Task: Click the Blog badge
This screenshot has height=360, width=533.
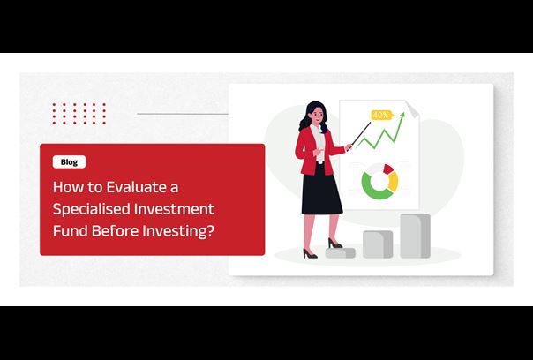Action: point(69,162)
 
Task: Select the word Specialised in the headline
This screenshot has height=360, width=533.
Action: point(90,209)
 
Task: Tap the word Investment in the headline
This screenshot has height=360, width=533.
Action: point(174,209)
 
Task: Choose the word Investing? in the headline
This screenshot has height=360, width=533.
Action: point(179,231)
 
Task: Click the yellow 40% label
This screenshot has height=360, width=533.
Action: point(381,116)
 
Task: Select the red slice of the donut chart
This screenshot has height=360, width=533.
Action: point(388,169)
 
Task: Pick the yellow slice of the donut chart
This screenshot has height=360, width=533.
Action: point(394,182)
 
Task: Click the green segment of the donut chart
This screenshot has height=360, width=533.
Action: point(372,188)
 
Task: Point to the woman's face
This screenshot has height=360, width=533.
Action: point(317,116)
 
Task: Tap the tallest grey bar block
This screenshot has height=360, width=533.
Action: point(415,236)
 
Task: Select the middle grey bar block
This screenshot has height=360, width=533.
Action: point(378,244)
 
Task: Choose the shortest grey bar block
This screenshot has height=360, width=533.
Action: point(341,252)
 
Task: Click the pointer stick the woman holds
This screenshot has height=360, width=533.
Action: point(361,134)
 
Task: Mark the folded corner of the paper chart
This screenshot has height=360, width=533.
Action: point(412,109)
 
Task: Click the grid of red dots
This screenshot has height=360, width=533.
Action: point(79,114)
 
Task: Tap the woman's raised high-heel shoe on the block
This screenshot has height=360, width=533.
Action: point(334,243)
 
